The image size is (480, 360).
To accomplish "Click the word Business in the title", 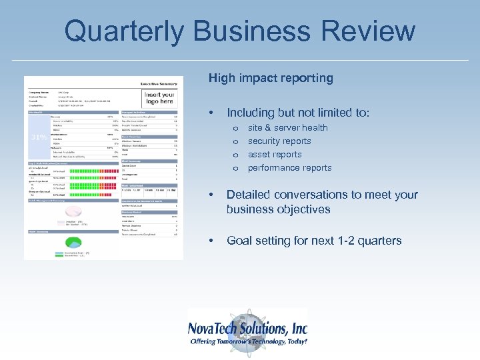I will click(x=253, y=31).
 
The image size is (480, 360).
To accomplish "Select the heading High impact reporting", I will click(x=271, y=78).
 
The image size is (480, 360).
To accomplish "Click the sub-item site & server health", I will click(x=287, y=127).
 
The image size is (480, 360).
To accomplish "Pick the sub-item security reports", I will click(x=279, y=141).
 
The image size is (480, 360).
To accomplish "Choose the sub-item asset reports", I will click(x=275, y=154).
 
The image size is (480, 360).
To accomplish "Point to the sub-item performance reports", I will click(x=289, y=167).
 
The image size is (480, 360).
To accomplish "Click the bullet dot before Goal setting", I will click(x=211, y=241).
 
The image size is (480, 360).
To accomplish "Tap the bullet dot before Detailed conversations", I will click(x=211, y=195).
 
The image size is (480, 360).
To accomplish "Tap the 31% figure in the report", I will click(x=39, y=137).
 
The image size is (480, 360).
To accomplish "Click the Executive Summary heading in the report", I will click(x=161, y=83).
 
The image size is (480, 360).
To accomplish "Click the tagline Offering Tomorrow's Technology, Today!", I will click(x=248, y=341).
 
